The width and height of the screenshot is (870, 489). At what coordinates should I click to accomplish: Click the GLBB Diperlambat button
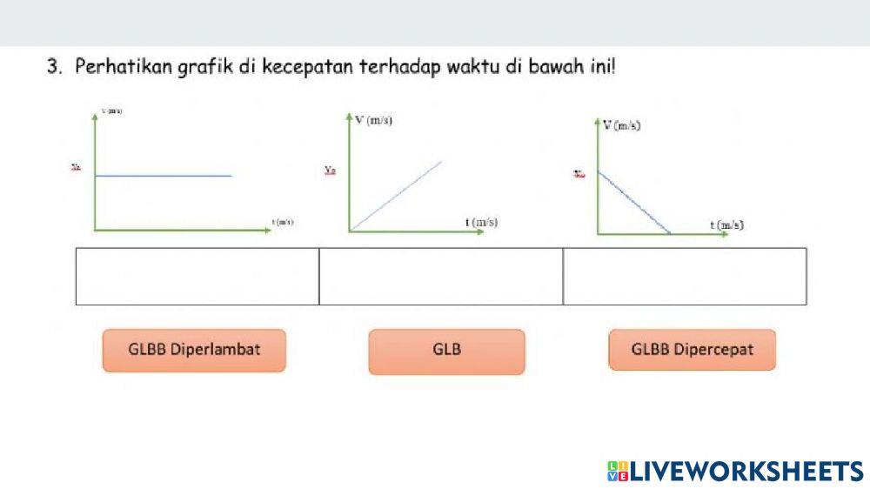[194, 350]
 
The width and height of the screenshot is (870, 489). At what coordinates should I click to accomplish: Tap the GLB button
[446, 351]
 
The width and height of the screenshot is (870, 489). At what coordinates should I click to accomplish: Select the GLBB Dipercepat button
[692, 350]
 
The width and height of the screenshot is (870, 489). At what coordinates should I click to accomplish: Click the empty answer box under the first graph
[197, 276]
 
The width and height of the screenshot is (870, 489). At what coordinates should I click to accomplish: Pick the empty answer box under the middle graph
[441, 276]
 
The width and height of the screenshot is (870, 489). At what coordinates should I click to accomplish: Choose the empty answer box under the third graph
[685, 276]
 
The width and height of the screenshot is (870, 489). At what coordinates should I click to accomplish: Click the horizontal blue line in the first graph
[164, 176]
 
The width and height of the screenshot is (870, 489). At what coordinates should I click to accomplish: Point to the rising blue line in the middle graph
[396, 196]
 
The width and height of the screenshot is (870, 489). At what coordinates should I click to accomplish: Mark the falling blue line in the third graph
[633, 203]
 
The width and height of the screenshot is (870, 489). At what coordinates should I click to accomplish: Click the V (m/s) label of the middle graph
[375, 120]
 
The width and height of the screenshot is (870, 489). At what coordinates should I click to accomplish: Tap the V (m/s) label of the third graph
[623, 126]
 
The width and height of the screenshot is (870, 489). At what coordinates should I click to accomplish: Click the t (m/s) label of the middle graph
[481, 222]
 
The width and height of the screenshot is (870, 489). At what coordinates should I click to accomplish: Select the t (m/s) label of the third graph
[726, 224]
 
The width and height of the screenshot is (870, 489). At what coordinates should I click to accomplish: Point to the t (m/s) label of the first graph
[283, 222]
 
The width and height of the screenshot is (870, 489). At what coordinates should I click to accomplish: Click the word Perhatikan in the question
[116, 67]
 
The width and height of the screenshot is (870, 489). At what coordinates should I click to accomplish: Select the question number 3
[55, 67]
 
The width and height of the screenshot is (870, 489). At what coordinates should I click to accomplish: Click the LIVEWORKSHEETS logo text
[746, 471]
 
